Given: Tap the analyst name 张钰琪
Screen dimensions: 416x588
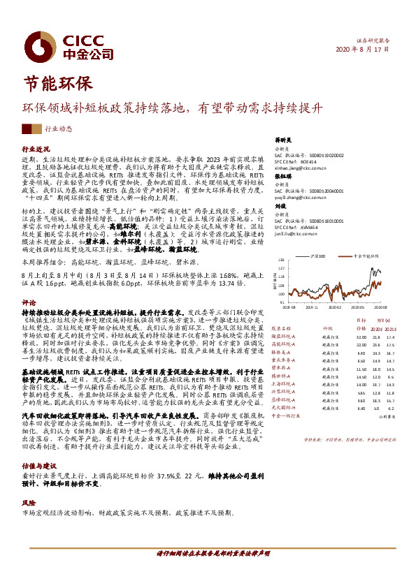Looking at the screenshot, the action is coord(282,177).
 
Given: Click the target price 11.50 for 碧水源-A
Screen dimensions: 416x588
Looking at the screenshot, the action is coord(361,368).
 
